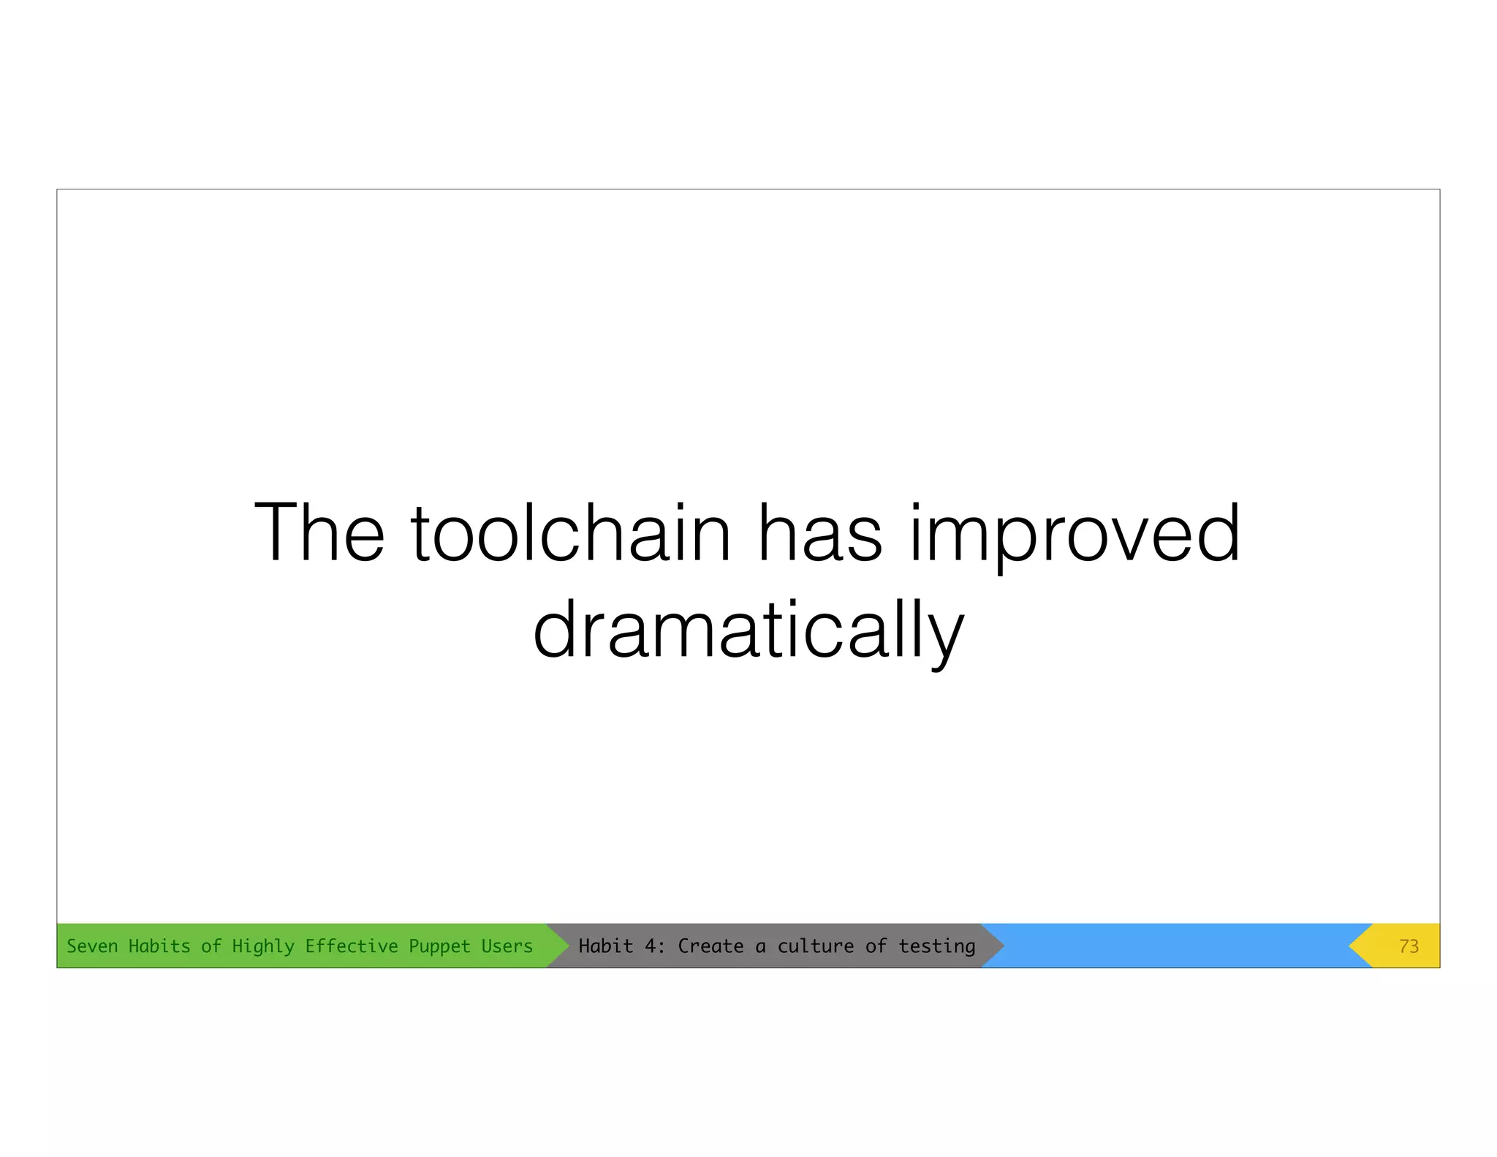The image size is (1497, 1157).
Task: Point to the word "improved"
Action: (x=1075, y=534)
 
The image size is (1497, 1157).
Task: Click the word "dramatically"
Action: (x=748, y=630)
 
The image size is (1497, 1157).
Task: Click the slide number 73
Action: (x=1409, y=946)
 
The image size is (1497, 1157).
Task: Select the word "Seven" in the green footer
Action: (x=92, y=946)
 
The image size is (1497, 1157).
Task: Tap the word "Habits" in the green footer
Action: (x=159, y=946)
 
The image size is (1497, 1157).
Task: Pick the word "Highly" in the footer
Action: (x=263, y=947)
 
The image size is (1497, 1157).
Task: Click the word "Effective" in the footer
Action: (x=352, y=946)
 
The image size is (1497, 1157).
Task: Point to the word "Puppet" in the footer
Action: (x=439, y=947)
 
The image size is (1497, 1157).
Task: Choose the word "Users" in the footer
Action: (x=507, y=946)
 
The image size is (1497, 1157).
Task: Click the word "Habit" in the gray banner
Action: (x=606, y=946)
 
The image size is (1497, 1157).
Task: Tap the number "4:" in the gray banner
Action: (x=655, y=946)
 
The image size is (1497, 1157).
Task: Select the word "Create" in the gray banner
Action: (x=710, y=946)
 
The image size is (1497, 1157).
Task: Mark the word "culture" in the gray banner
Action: (x=815, y=946)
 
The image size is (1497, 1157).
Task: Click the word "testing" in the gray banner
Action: (x=937, y=947)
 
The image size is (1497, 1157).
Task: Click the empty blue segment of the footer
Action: (x=1177, y=946)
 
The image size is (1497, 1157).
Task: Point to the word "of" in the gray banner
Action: (x=876, y=946)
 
